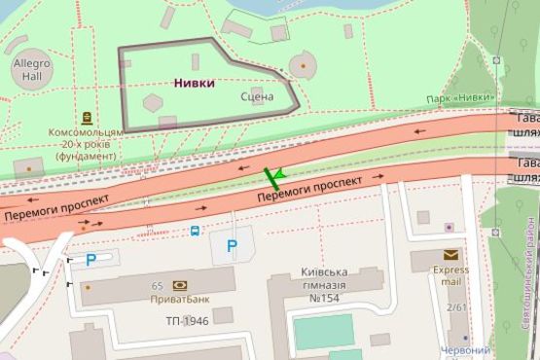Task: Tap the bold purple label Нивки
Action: click(x=195, y=83)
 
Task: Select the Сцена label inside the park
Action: click(x=257, y=96)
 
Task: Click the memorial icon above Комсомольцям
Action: click(x=88, y=115)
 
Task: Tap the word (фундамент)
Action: click(x=87, y=155)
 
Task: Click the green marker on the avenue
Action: click(x=273, y=176)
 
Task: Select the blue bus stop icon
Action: click(x=196, y=232)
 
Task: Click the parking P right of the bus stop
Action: click(x=232, y=246)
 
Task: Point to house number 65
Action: click(x=157, y=285)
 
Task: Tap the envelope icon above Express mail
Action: click(x=450, y=255)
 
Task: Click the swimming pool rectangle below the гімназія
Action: click(x=323, y=332)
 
